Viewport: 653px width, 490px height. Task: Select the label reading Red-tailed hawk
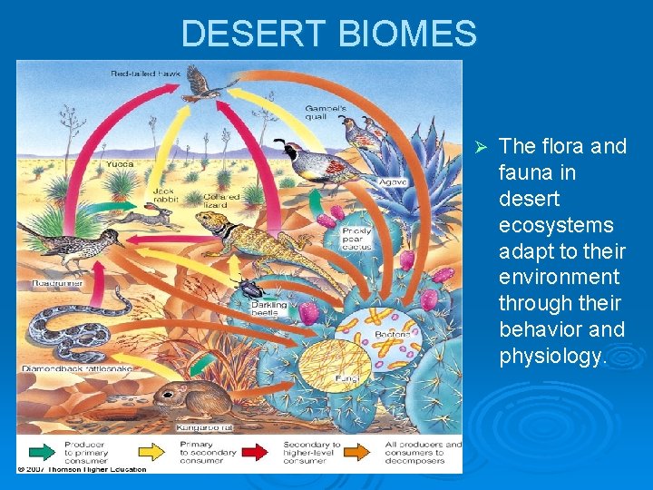pyautogui.click(x=145, y=72)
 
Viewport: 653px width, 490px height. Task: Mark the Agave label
pyautogui.click(x=393, y=182)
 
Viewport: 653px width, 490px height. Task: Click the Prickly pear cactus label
pyautogui.click(x=356, y=239)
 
